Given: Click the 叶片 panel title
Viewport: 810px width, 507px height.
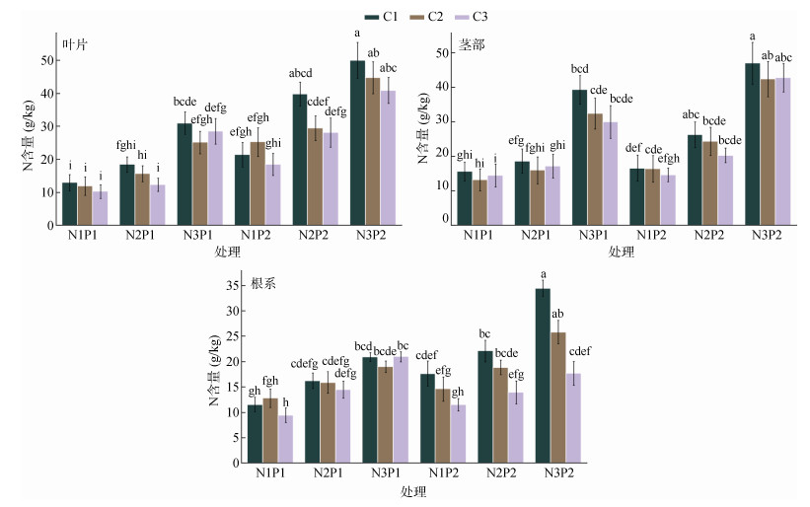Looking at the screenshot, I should (x=74, y=44).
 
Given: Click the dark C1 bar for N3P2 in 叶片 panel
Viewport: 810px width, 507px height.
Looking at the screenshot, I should (x=357, y=143).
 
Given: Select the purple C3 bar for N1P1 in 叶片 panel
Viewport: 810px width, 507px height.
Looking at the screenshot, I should (x=100, y=208).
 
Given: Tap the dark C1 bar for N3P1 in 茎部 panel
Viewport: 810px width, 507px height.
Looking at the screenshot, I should (x=579, y=158).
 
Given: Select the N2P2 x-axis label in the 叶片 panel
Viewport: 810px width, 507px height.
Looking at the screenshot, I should (x=315, y=237).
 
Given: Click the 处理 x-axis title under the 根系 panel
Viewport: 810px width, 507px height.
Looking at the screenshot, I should (x=414, y=490).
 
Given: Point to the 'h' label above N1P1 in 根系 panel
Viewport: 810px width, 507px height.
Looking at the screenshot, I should (x=285, y=401).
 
